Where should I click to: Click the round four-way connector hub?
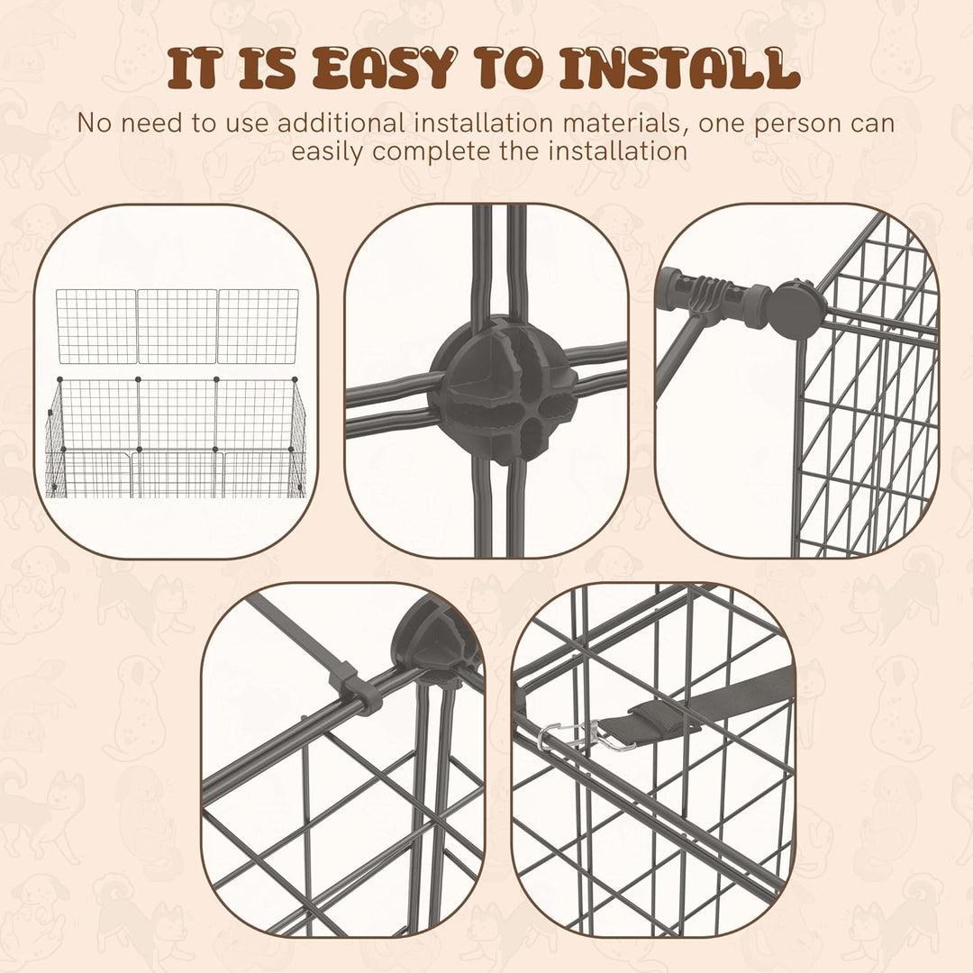tap(503, 389)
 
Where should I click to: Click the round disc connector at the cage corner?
tap(796, 310)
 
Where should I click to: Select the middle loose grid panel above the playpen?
tap(177, 326)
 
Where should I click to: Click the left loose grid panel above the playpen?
tap(96, 326)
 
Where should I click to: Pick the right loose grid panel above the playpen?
tap(259, 326)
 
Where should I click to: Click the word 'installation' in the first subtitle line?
tap(484, 123)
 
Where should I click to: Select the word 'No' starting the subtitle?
tap(94, 123)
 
